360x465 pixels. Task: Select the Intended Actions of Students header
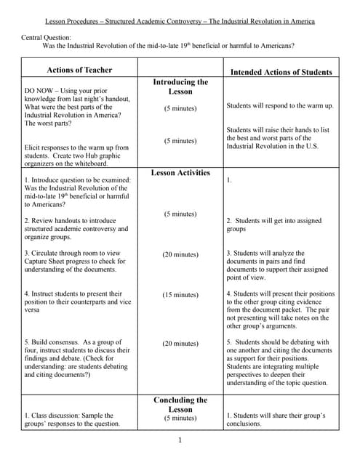point(281,73)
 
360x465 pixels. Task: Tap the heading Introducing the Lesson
point(180,87)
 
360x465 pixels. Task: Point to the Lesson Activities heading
point(180,173)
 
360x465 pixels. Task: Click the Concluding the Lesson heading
point(180,405)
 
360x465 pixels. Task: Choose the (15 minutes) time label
point(180,295)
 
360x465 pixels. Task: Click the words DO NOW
point(41,91)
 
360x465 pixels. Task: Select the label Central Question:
point(46,36)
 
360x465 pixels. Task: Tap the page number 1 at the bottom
point(180,440)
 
